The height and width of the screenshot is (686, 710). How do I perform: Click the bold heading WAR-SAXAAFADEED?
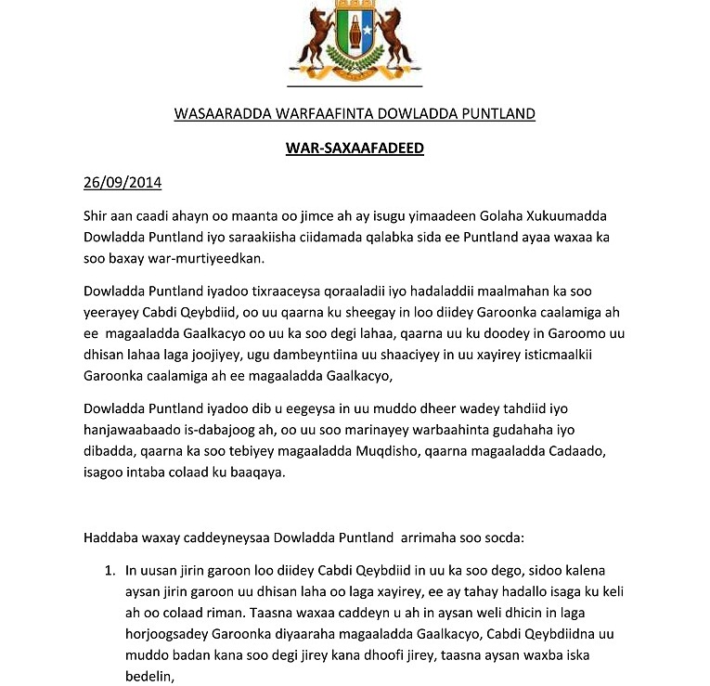point(355,148)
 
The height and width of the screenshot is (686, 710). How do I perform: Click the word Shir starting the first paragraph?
point(97,215)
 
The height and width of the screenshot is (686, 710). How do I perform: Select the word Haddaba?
point(110,536)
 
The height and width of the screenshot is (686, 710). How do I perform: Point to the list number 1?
point(108,570)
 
